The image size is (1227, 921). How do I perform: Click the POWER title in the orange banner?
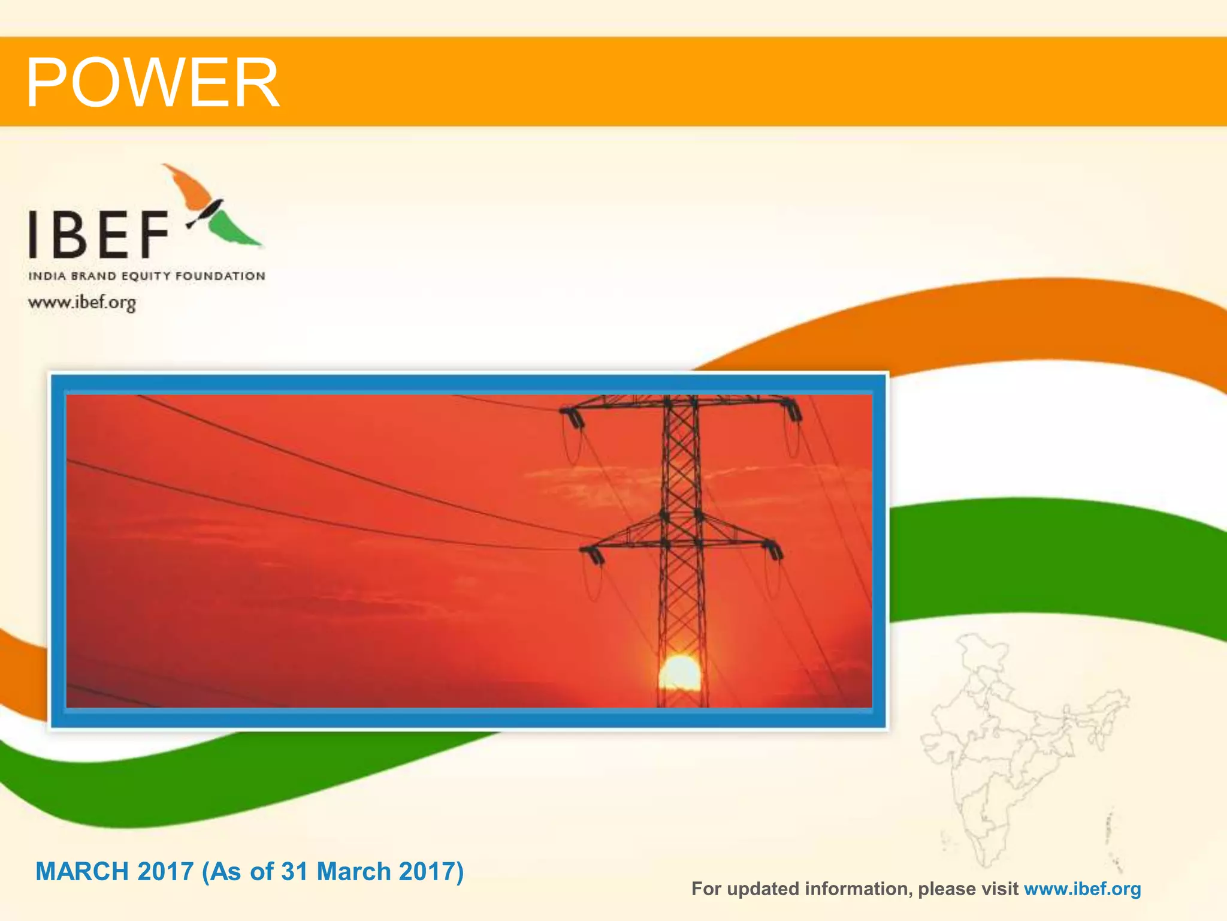click(152, 82)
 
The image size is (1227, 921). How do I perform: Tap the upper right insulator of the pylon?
click(793, 410)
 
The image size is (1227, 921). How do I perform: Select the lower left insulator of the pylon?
click(594, 555)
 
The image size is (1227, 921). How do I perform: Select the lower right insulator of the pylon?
click(773, 549)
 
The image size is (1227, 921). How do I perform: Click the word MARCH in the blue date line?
click(81, 871)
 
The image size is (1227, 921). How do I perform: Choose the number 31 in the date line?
click(294, 871)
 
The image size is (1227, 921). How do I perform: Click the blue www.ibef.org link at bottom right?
click(1082, 889)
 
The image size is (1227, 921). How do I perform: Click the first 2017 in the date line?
click(165, 871)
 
